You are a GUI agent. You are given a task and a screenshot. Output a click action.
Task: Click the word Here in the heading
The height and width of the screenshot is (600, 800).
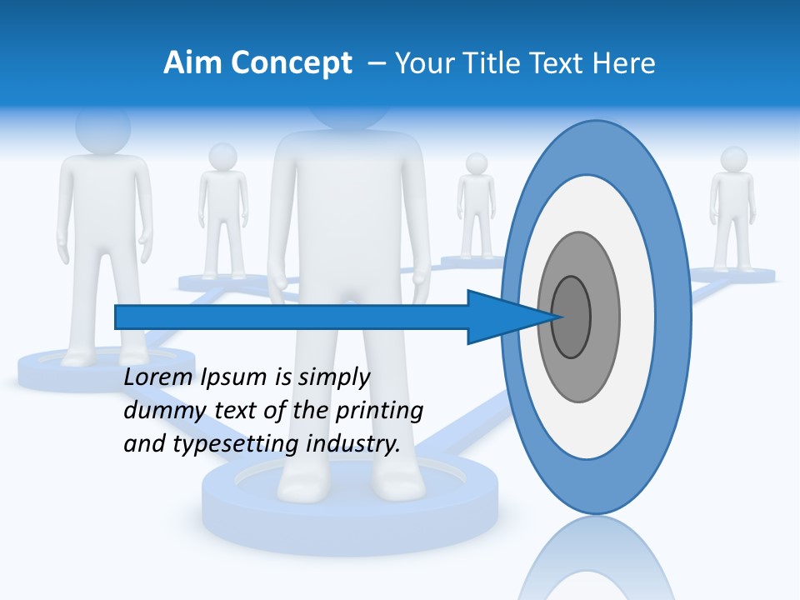(624, 63)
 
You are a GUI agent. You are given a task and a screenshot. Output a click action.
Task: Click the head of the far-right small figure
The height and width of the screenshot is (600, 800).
(733, 159)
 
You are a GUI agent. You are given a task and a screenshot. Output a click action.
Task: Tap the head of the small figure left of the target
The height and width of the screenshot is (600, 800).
(477, 164)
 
